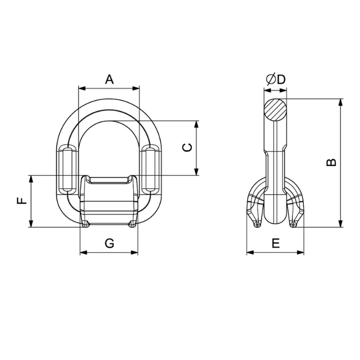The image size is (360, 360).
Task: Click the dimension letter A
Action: point(109,79)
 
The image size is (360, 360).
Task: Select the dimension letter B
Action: point(332,161)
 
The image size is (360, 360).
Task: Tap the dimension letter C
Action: point(188,148)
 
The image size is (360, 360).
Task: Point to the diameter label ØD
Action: point(275,79)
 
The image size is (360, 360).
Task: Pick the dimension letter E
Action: point(275,244)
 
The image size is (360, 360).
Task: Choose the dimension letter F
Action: point(22,201)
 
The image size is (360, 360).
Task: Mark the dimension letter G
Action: point(109,244)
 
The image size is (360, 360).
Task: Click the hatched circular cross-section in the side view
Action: point(276,109)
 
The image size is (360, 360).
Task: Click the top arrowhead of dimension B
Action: point(340,102)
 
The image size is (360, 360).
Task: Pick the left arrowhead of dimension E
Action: point(249,253)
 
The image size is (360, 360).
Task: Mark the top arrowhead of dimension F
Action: point(31,178)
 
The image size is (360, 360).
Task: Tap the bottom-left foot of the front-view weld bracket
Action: point(85,224)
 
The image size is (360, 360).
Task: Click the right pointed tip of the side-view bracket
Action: point(294,225)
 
